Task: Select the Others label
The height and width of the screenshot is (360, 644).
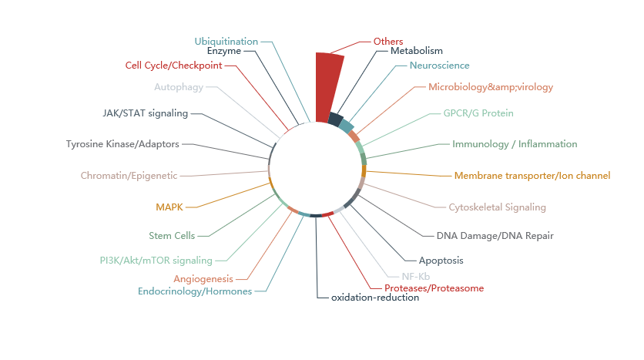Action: tap(387, 41)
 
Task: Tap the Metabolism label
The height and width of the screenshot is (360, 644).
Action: tap(417, 51)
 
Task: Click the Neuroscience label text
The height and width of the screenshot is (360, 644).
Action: tap(439, 66)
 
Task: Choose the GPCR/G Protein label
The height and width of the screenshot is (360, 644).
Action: tap(478, 113)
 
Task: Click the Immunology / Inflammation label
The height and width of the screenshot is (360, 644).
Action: tap(515, 144)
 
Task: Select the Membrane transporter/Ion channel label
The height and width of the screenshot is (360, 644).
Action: tap(532, 176)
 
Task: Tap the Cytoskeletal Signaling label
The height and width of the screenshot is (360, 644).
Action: tap(497, 207)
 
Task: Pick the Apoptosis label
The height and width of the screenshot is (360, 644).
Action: tap(441, 260)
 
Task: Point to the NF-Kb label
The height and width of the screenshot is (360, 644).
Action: tap(415, 276)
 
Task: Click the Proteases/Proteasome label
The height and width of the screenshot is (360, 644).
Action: tap(434, 288)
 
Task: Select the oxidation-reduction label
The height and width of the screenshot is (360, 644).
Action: tap(374, 298)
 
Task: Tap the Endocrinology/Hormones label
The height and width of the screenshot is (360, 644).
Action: tap(195, 291)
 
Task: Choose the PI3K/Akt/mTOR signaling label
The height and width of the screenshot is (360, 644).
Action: tap(156, 260)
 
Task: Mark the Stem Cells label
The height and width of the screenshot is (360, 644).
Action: tap(172, 235)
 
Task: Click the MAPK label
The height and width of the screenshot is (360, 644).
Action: tap(169, 207)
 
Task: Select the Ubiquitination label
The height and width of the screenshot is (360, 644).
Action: tap(226, 41)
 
